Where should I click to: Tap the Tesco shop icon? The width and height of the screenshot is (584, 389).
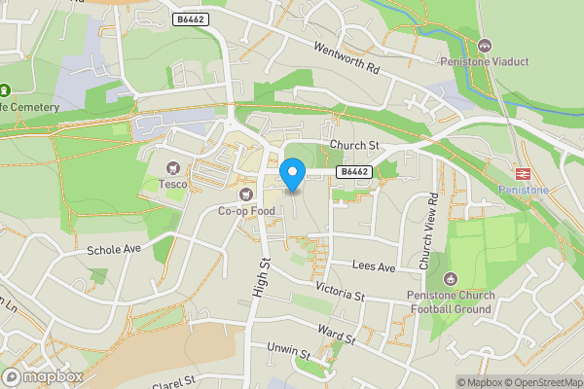(174, 168)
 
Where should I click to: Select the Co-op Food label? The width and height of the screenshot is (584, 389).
(246, 210)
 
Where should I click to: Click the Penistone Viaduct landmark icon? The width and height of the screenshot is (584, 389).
(484, 46)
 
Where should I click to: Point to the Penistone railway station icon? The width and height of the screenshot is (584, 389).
(522, 172)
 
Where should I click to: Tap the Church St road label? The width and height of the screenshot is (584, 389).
(351, 145)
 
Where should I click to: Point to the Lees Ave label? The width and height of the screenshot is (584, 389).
(374, 266)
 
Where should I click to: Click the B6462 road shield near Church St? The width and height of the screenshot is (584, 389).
(353, 172)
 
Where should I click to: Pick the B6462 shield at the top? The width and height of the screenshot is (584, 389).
(192, 18)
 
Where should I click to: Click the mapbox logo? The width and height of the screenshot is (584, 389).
(43, 376)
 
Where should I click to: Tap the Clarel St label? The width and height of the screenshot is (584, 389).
(174, 380)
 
